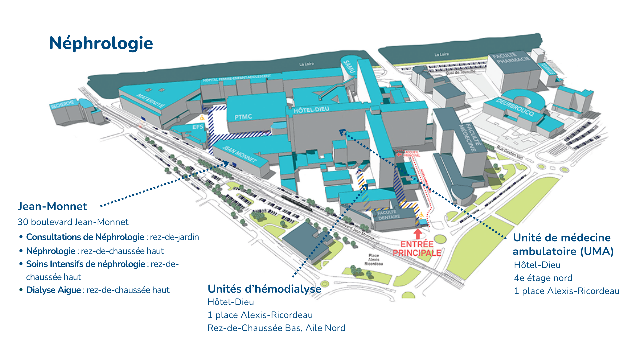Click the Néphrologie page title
point(101,43)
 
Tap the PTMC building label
point(243,117)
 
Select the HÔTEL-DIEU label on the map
point(311,110)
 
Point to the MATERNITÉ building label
point(151,101)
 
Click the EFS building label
point(198,127)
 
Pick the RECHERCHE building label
point(62,104)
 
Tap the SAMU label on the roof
point(349,66)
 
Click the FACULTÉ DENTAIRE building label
point(388,215)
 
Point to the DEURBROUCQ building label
point(515,107)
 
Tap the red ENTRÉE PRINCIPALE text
point(417,249)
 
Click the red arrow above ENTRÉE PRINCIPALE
point(417,233)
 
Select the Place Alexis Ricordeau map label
point(374,260)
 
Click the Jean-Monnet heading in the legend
point(53,206)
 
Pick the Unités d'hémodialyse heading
point(264,289)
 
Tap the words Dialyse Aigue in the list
point(53,290)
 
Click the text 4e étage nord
point(543,278)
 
